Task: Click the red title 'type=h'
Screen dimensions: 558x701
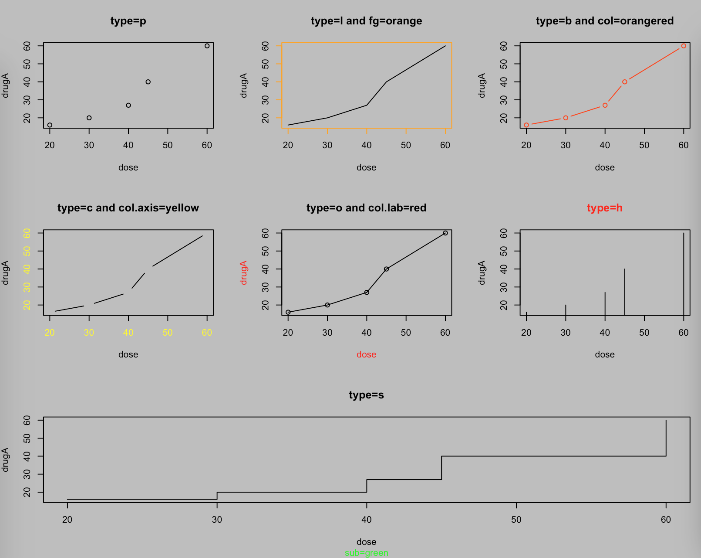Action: point(604,208)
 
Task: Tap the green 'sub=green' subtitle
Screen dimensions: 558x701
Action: point(366,553)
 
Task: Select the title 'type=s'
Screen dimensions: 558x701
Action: point(366,395)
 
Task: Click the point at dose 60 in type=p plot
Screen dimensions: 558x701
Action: point(207,46)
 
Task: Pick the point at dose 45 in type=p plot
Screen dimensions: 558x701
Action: point(148,82)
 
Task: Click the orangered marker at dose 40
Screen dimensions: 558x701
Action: point(605,105)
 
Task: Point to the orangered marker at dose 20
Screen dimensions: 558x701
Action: point(526,125)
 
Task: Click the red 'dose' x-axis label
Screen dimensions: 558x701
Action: point(366,355)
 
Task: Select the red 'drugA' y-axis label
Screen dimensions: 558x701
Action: point(243,272)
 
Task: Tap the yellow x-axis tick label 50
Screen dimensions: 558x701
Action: point(168,333)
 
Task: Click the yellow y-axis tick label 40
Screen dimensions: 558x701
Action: point(27,269)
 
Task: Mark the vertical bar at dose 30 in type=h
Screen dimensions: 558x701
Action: point(566,310)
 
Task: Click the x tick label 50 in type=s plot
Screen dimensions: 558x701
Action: point(516,520)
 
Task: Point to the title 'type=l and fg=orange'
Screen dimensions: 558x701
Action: point(366,21)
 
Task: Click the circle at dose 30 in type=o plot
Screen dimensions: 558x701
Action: point(327,305)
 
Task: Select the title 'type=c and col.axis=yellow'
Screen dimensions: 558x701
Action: point(128,208)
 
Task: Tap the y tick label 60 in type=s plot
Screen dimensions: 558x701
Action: point(27,420)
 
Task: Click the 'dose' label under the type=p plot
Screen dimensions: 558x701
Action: point(128,167)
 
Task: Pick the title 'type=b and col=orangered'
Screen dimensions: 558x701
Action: point(604,21)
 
